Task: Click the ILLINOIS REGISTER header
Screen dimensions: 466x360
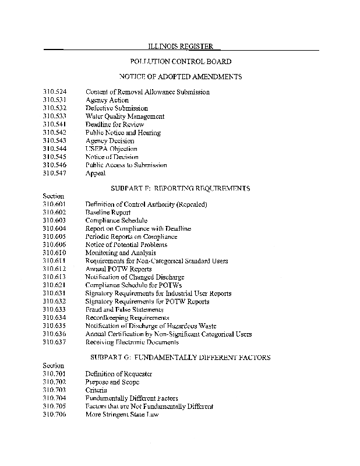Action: coord(180,46)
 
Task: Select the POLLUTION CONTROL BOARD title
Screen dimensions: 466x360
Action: coord(180,61)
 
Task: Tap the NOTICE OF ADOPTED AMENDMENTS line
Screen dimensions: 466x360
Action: coord(180,77)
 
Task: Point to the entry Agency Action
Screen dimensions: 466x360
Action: coord(107,100)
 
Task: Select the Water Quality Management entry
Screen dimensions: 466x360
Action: coord(125,116)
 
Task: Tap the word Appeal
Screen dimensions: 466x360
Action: coord(96,174)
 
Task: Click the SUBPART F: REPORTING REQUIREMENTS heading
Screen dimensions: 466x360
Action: coord(180,189)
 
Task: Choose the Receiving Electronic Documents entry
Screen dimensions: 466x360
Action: coord(132,343)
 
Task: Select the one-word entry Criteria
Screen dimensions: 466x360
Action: coord(96,390)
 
